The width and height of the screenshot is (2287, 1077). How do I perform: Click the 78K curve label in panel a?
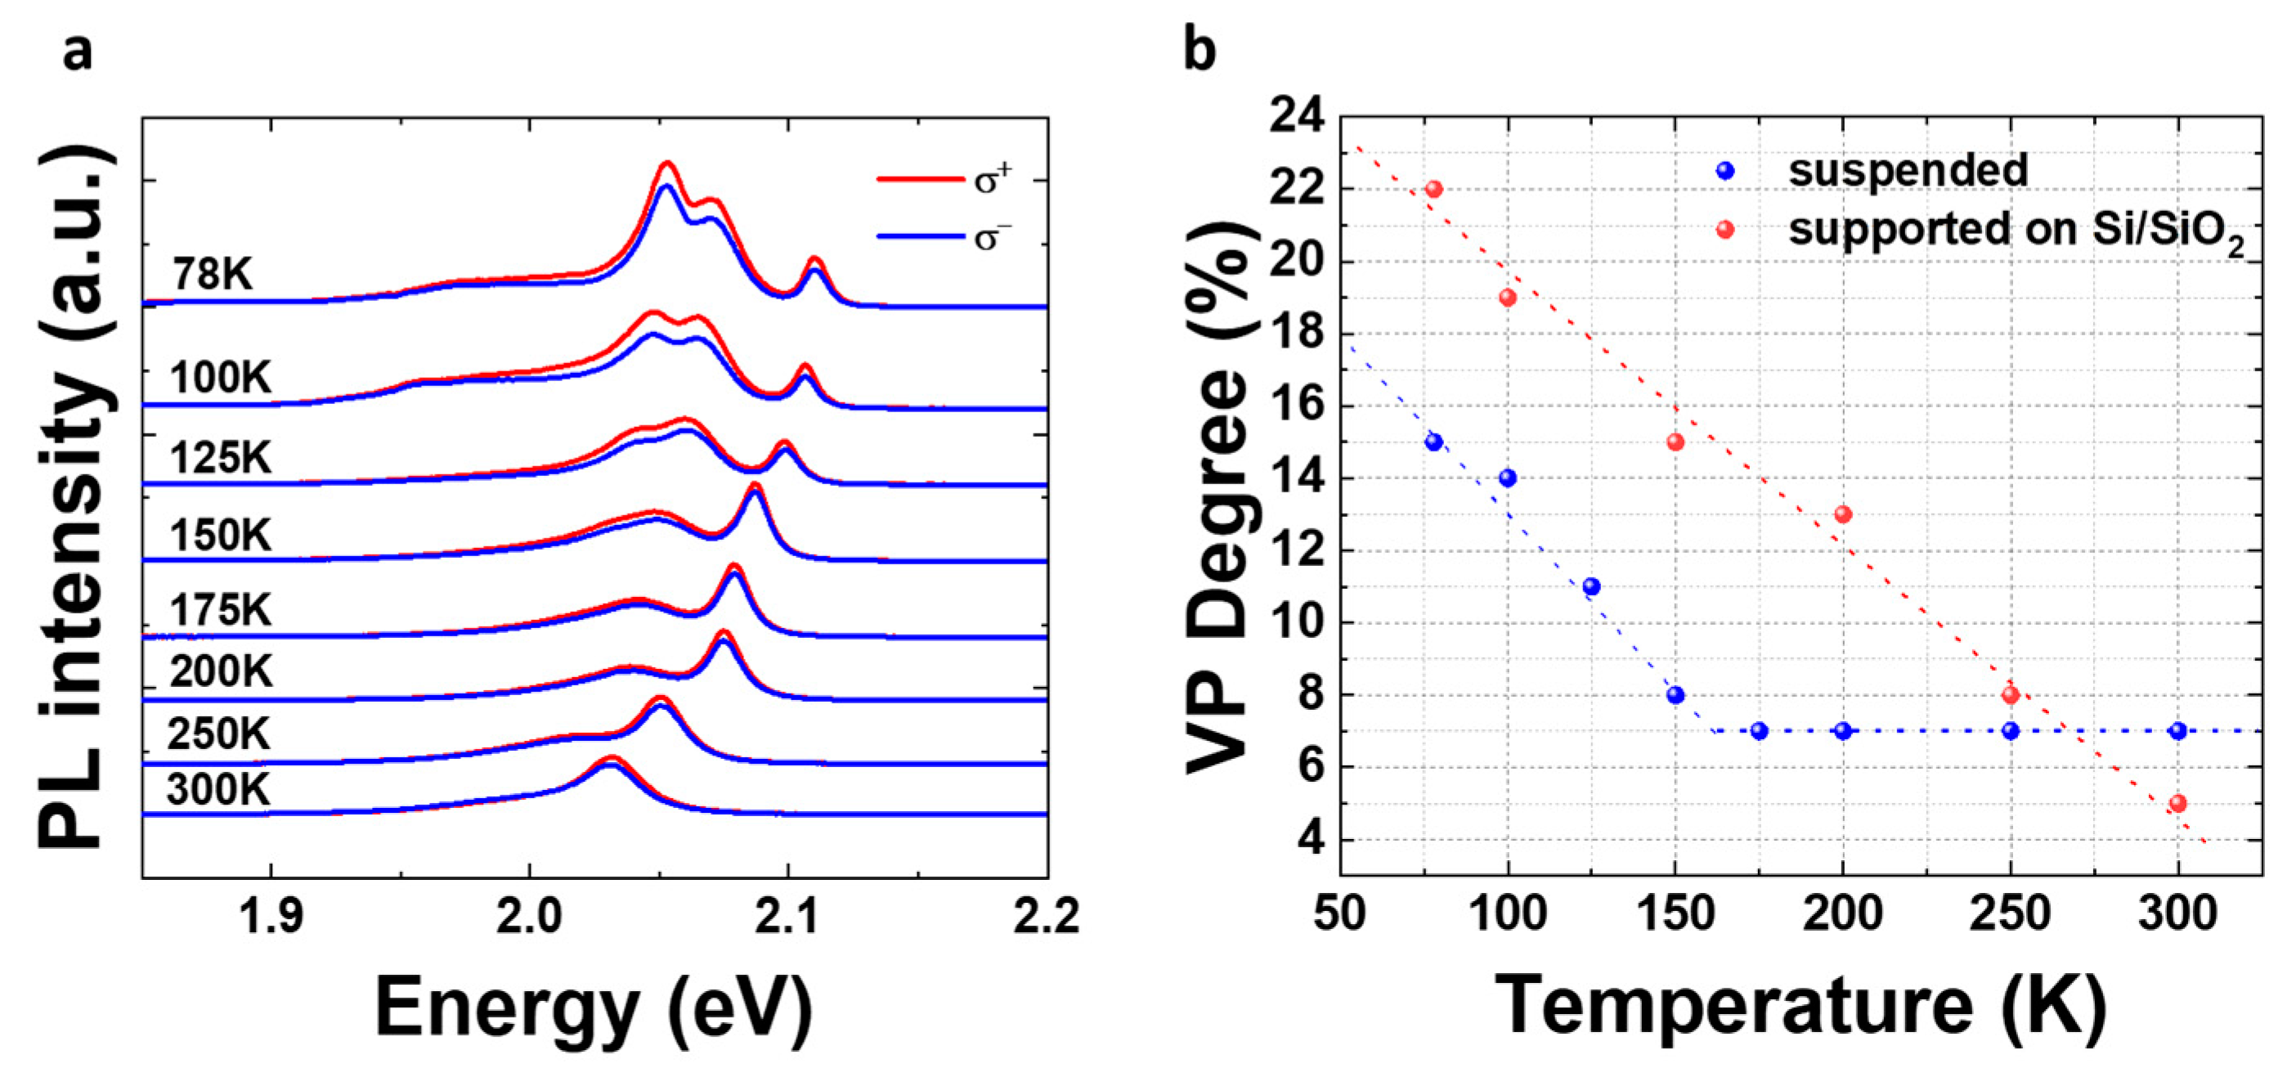pyautogui.click(x=213, y=274)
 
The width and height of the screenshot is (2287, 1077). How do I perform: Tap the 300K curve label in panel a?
pyautogui.click(x=218, y=789)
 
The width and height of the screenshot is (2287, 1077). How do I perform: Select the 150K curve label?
pyautogui.click(x=220, y=536)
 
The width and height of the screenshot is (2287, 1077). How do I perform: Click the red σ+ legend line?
pyautogui.click(x=920, y=180)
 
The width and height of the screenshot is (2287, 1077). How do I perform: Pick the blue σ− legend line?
pyautogui.click(x=920, y=237)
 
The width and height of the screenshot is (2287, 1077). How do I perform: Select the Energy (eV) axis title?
pyautogui.click(x=594, y=1006)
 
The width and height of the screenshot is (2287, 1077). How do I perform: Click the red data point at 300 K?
pyautogui.click(x=2177, y=804)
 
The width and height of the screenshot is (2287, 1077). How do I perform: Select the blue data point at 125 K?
pyautogui.click(x=1592, y=587)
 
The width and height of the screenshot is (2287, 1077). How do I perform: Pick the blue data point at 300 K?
pyautogui.click(x=2177, y=731)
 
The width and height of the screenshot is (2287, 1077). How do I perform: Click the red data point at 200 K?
pyautogui.click(x=1843, y=514)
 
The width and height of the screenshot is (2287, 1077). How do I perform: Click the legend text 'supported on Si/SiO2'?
pyautogui.click(x=2016, y=231)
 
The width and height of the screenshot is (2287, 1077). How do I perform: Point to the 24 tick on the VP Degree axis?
pyautogui.click(x=1297, y=116)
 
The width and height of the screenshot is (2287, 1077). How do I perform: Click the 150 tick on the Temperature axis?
pyautogui.click(x=1675, y=913)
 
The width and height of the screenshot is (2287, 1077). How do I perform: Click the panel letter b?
pyautogui.click(x=1200, y=52)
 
